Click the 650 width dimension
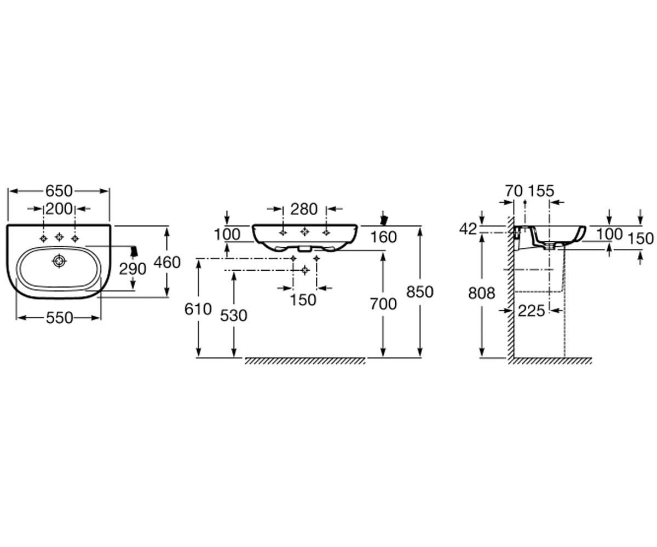59,191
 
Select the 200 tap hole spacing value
59,209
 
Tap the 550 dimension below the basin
60,318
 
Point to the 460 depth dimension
167,262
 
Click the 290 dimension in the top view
132,269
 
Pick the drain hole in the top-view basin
59,261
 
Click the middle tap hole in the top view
59,237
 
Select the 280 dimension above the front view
304,209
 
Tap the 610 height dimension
198,310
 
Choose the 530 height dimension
233,316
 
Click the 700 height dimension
383,304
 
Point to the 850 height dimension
420,292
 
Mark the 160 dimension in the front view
383,237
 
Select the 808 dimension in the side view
481,293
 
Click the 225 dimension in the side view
531,311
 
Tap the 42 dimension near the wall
468,229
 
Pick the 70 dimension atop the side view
514,191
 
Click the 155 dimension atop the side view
541,191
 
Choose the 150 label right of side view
641,238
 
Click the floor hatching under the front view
305,361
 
